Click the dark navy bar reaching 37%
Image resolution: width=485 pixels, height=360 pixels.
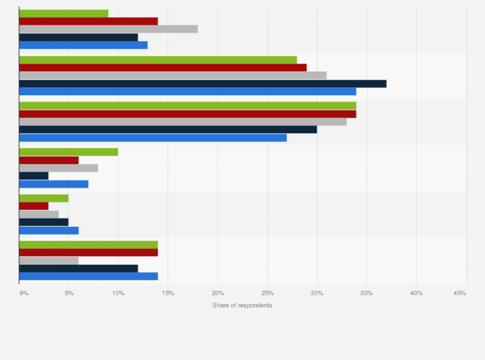pos(203,83)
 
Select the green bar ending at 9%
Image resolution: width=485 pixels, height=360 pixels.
pos(64,14)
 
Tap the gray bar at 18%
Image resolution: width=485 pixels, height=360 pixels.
pos(108,29)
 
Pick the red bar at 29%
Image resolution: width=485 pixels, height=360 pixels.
pos(163,67)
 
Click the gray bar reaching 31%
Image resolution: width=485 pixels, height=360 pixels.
pos(173,75)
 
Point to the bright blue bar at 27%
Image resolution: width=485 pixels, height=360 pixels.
pos(153,138)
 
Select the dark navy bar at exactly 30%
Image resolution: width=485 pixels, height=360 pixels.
pos(168,129)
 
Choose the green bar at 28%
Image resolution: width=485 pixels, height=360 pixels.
pos(158,60)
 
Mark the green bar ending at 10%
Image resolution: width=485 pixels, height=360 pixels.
pos(69,152)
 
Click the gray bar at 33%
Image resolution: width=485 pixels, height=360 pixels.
pos(183,122)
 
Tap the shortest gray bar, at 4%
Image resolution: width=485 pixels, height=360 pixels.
pos(39,214)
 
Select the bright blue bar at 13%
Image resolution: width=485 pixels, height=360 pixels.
pos(84,44)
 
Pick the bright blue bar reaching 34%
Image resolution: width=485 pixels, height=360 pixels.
pos(188,91)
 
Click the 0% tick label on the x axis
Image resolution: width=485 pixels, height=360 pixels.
pos(24,293)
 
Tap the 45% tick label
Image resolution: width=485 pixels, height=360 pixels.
pos(459,293)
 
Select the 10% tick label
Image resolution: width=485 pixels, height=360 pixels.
pos(118,293)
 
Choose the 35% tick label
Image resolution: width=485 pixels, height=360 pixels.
pos(367,293)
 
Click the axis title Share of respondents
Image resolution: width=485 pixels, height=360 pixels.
pos(243,305)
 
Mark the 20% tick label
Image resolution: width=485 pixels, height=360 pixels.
pos(218,293)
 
